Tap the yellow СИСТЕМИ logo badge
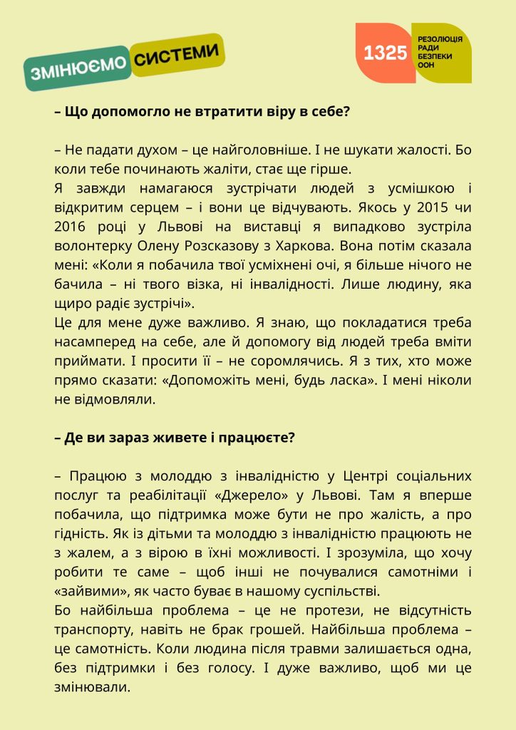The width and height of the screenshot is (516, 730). click(177, 56)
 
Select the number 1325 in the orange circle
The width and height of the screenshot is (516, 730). click(385, 53)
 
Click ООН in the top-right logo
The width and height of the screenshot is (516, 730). click(425, 65)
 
